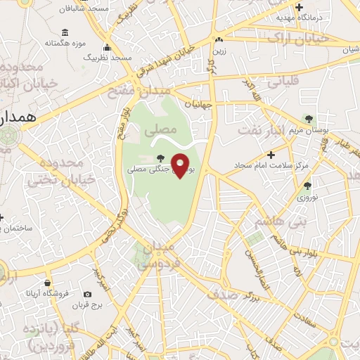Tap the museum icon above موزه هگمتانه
(x=65, y=32)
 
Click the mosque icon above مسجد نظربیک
(x=107, y=48)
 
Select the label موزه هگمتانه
(x=65, y=43)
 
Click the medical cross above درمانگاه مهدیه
(x=300, y=6)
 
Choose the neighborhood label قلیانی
(x=284, y=81)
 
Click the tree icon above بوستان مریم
(x=307, y=118)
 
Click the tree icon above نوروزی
(x=307, y=186)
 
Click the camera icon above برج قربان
(x=86, y=294)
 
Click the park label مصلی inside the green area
(x=156, y=131)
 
